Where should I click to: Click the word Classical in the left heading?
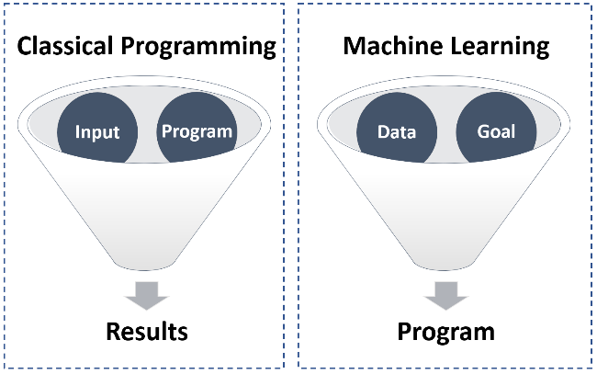point(65,46)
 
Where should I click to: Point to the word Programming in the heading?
point(198,47)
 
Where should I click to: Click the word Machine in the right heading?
point(393,46)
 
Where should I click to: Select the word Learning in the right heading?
point(500,47)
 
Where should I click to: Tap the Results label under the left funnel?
point(147,332)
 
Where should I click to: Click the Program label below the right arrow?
point(446,332)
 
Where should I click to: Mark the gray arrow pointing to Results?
point(147,296)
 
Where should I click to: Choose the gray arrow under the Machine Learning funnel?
point(445,296)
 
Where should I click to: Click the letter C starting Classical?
point(24,46)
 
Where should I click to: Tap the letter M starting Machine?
point(355,46)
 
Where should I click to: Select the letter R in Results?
point(114,332)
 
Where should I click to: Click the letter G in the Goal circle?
point(483,131)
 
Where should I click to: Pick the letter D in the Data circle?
point(384,132)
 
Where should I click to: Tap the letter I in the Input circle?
point(77,132)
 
